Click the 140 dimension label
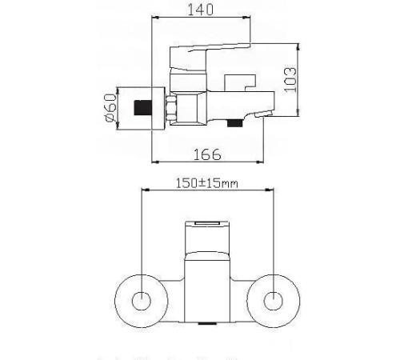click(x=202, y=10)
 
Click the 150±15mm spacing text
click(x=207, y=184)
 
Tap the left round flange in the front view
click(x=141, y=302)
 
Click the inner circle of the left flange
click(x=141, y=302)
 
